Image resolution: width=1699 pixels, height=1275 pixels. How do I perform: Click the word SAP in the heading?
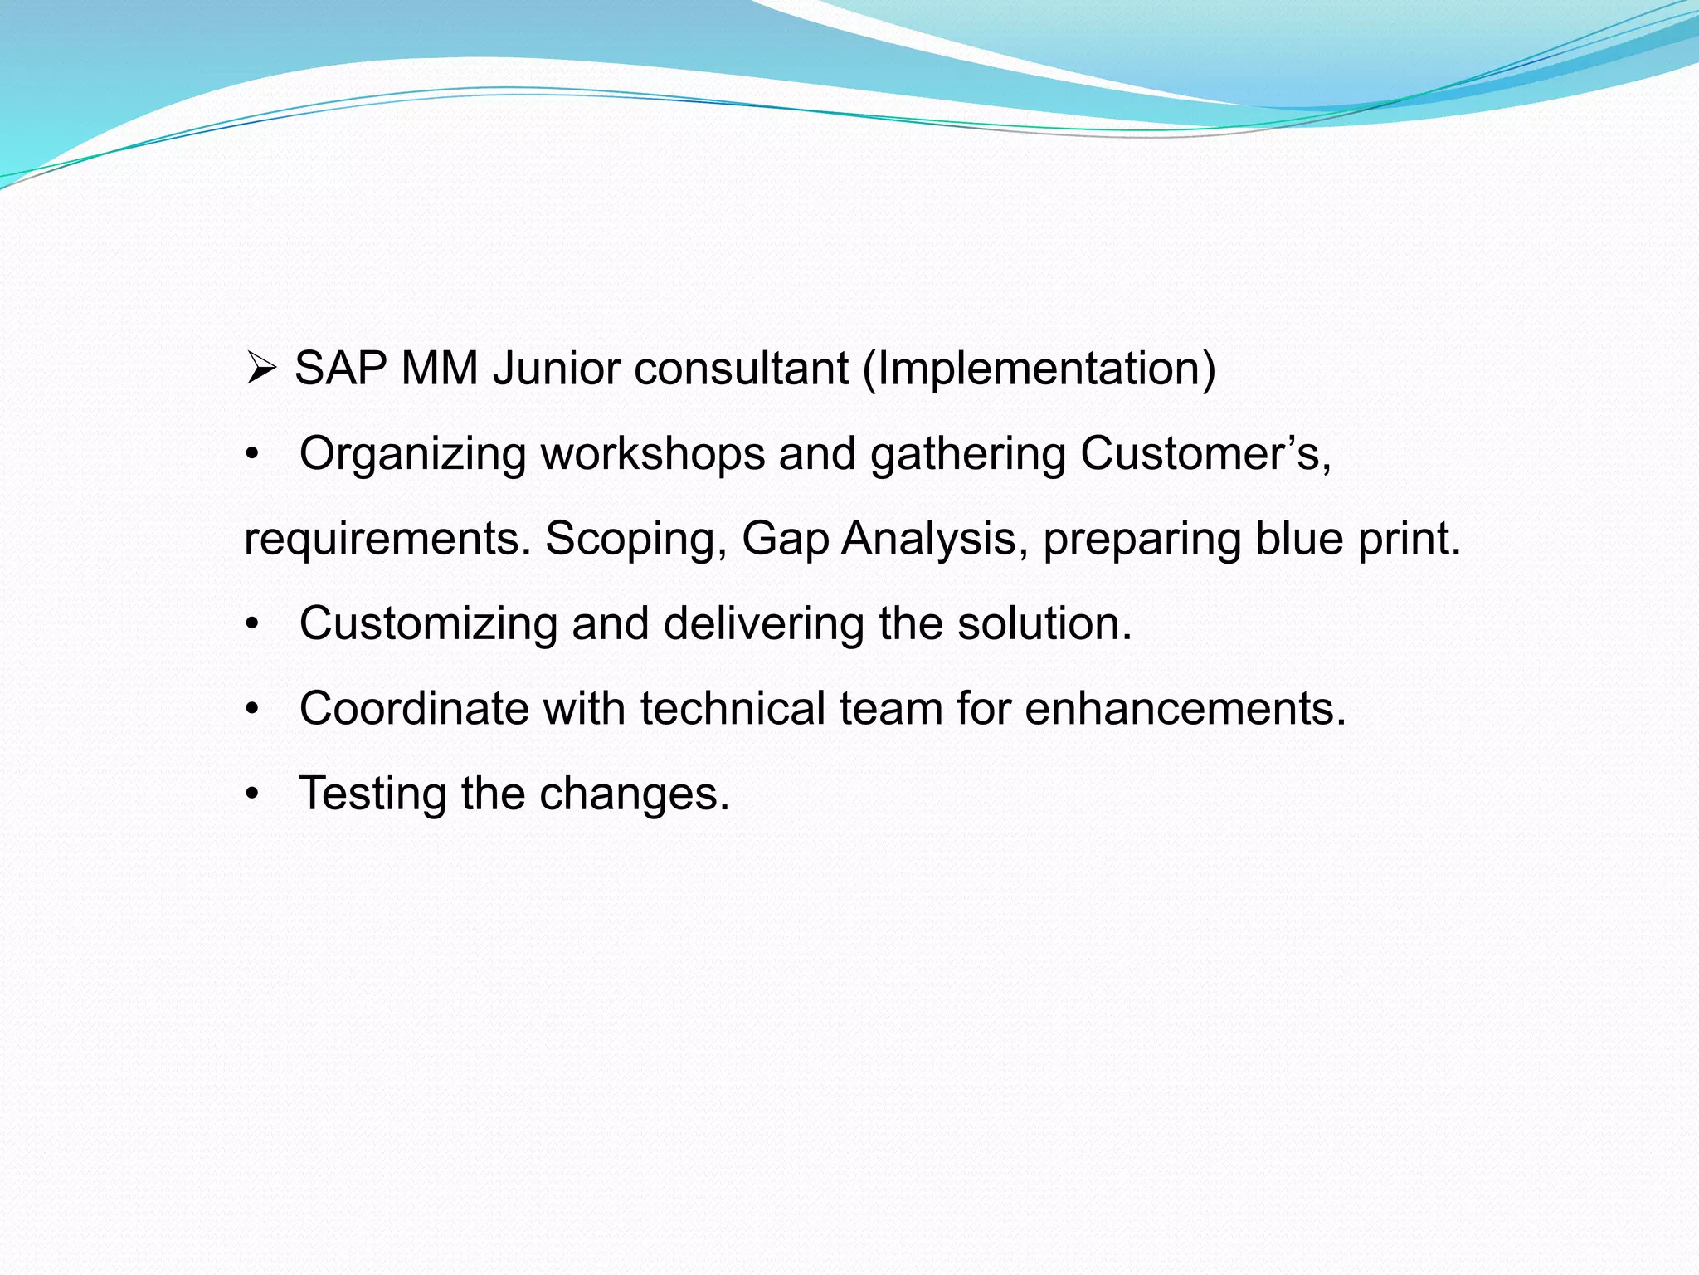(341, 369)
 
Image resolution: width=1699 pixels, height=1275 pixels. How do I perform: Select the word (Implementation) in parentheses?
(1039, 369)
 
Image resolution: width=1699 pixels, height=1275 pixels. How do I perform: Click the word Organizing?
(412, 455)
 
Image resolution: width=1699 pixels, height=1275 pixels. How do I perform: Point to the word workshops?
(653, 455)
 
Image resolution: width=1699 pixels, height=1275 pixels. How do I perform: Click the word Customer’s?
(1205, 455)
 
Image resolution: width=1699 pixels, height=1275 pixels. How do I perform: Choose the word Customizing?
(428, 624)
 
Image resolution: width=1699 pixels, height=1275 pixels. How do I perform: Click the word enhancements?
(1185, 710)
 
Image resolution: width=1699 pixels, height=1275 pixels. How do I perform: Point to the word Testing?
(372, 794)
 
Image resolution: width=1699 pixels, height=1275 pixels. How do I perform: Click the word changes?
(634, 794)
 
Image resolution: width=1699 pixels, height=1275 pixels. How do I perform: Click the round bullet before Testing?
(252, 795)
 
